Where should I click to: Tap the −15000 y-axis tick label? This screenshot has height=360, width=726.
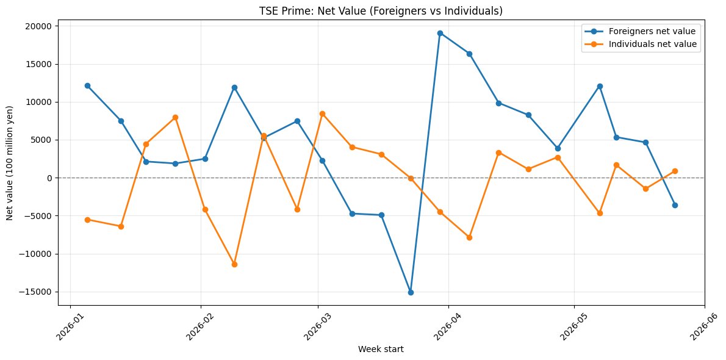(x=40, y=292)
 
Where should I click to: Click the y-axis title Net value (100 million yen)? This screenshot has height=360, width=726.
(x=9, y=163)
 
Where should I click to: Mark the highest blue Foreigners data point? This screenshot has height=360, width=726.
(x=440, y=34)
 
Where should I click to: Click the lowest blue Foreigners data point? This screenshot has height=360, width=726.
(x=411, y=292)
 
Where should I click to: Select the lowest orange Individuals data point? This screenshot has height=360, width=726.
(x=234, y=264)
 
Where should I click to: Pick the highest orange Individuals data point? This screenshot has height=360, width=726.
(x=322, y=113)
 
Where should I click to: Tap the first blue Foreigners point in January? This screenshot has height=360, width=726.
(x=87, y=85)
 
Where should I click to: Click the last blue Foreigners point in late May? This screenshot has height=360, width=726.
(x=675, y=205)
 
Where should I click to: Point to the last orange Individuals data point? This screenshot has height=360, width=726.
(x=675, y=171)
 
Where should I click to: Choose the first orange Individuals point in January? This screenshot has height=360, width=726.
(x=87, y=220)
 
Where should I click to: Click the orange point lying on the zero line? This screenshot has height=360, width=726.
(x=411, y=178)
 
